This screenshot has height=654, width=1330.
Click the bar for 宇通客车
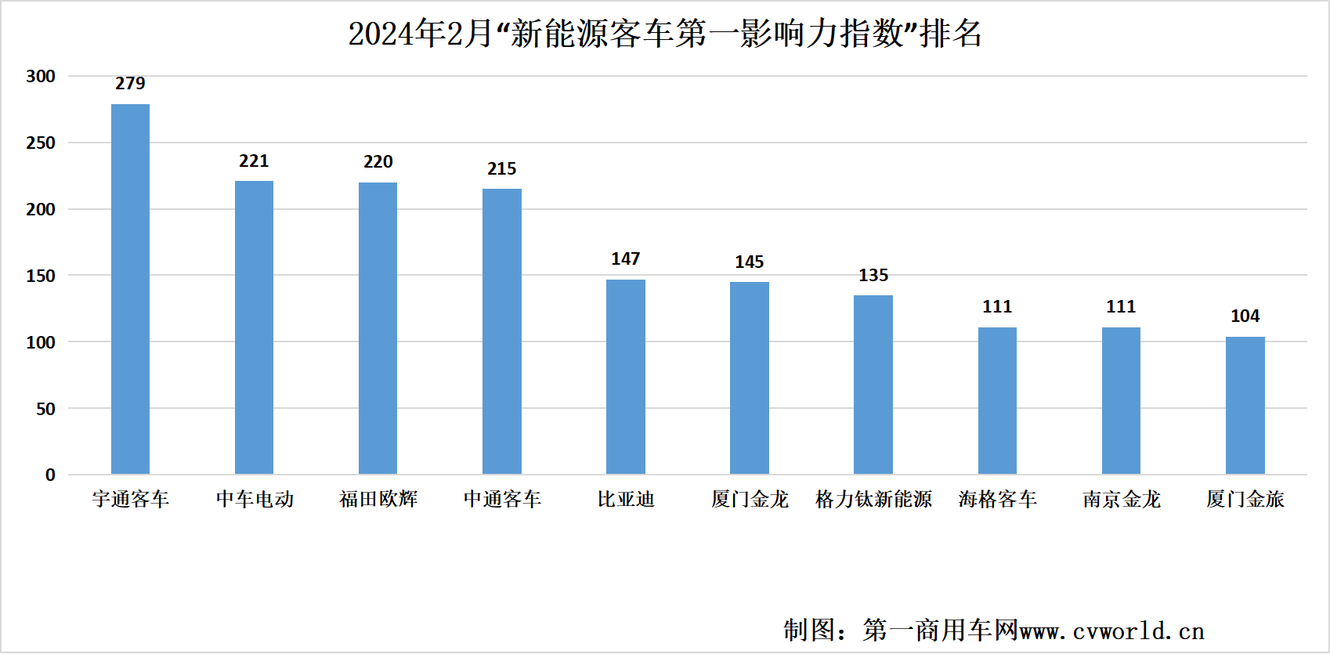point(130,289)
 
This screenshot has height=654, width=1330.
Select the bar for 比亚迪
point(626,377)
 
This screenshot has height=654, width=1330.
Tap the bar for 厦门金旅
point(1245,405)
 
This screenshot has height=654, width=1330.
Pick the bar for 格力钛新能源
point(873,385)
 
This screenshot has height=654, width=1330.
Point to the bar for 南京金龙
point(1121,400)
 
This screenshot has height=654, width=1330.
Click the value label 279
point(130,83)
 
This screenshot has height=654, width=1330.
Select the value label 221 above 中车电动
point(254,161)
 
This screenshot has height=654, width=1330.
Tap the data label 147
point(626,258)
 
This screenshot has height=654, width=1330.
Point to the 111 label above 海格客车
point(997,306)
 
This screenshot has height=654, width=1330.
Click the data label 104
point(1245,316)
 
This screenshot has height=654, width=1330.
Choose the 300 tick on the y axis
point(41,76)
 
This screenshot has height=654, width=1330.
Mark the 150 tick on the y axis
point(41,276)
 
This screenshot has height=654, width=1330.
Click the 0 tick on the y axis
point(50,475)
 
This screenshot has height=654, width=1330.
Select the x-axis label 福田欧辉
point(378,499)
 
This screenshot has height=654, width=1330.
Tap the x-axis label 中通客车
point(502,499)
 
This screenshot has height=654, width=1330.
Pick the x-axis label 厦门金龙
point(750,499)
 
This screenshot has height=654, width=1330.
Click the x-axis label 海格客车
point(997,499)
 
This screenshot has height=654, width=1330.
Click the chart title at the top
point(665,34)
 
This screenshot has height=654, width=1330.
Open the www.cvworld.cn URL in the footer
point(1112,631)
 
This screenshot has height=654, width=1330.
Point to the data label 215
point(502,168)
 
